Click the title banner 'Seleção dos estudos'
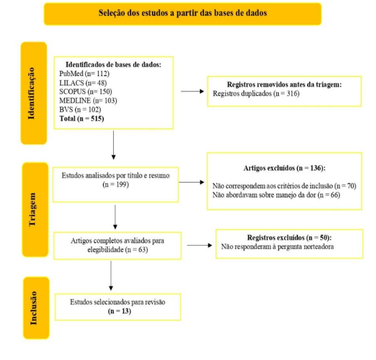[183, 14]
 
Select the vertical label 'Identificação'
[31, 93]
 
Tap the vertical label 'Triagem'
[32, 209]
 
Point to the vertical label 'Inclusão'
[33, 307]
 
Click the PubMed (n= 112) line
[84, 73]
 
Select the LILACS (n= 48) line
[83, 82]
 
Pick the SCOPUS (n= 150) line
[85, 92]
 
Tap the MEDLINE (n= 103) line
[88, 100]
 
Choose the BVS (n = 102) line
[80, 110]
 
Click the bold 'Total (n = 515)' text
[81, 119]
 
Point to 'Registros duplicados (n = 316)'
[256, 93]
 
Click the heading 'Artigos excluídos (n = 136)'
[284, 168]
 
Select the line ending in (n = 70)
[284, 186]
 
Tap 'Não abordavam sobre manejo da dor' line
[276, 195]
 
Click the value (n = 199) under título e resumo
[116, 185]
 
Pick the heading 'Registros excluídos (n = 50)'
[289, 238]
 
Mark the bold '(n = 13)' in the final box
[120, 311]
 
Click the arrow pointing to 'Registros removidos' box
[192, 91]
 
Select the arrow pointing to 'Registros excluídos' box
[199, 245]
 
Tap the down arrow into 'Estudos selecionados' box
[111, 276]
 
